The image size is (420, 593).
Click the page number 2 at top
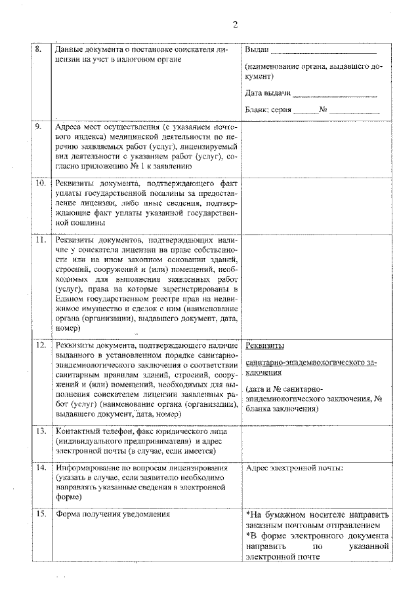pyautogui.click(x=234, y=25)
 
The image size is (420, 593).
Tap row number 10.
pyautogui.click(x=39, y=183)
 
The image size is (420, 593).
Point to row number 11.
pyautogui.click(x=39, y=240)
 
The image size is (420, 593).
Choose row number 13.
pyautogui.click(x=39, y=430)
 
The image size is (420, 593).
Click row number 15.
pyautogui.click(x=39, y=514)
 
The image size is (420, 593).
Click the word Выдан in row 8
pyautogui.click(x=257, y=50)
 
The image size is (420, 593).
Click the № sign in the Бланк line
pyautogui.click(x=323, y=110)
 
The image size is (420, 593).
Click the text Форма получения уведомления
pyautogui.click(x=113, y=514)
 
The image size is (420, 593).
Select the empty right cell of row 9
pyautogui.click(x=318, y=147)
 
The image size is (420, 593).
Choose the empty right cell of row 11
pyautogui.click(x=318, y=285)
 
